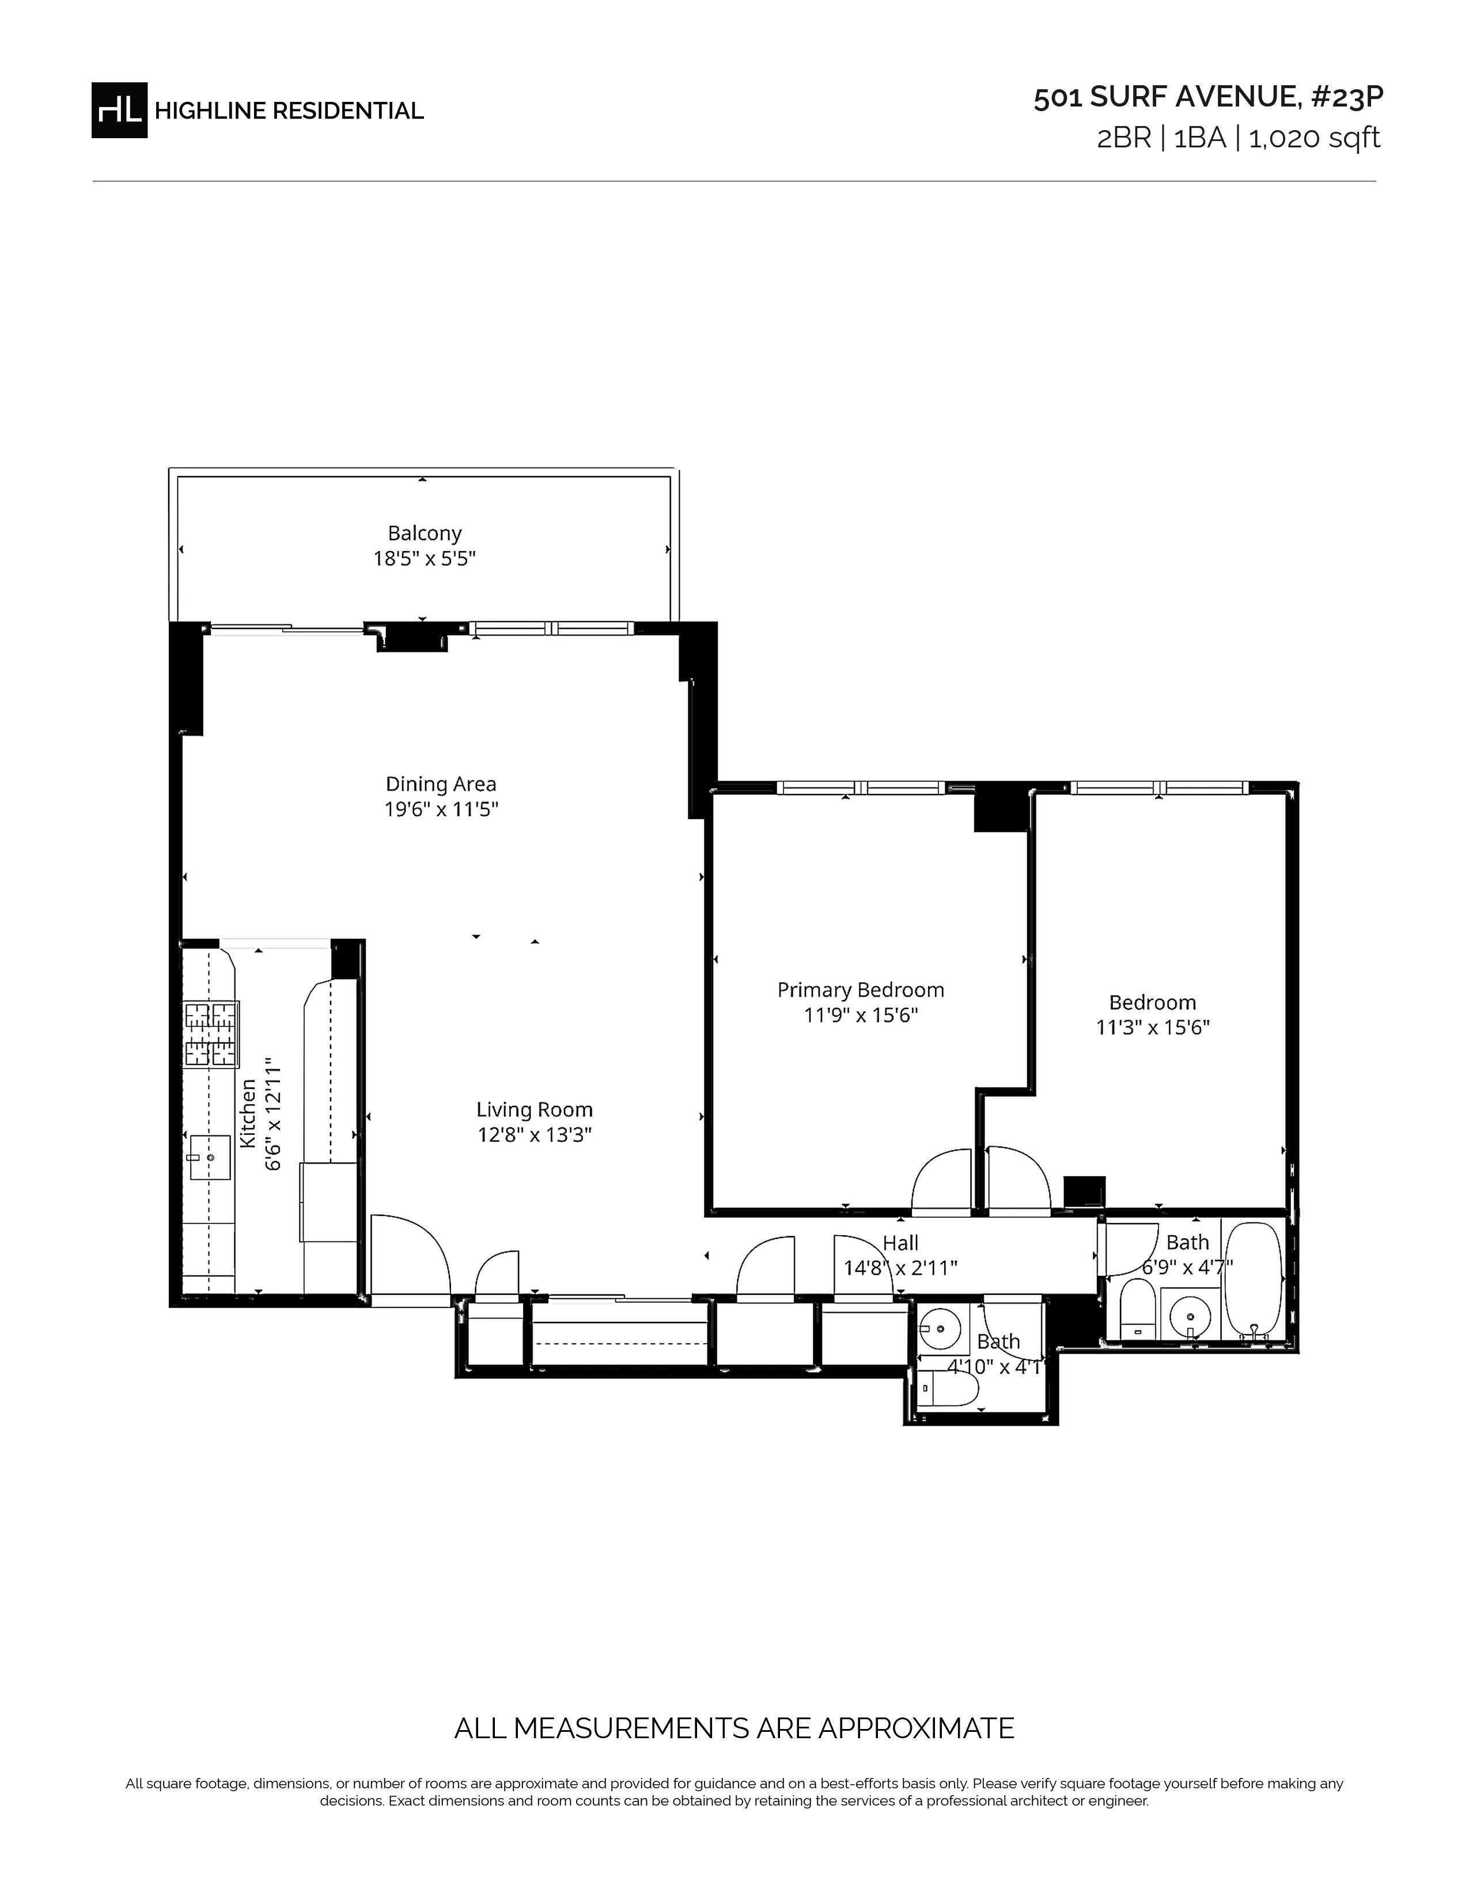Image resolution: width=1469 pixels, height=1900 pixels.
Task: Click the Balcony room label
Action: point(425,533)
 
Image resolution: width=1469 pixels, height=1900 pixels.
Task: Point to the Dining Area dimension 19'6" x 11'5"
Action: point(441,809)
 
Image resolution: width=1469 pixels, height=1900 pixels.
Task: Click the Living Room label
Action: point(535,1109)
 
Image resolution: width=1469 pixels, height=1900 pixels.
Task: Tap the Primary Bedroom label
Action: point(861,990)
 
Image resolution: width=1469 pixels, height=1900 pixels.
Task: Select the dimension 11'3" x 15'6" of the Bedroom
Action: point(1152,1027)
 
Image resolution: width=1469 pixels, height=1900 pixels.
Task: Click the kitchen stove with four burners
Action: point(211,1035)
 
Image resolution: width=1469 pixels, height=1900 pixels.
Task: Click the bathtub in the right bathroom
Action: point(1253,1278)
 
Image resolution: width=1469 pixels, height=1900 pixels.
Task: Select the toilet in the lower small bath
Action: point(941,1389)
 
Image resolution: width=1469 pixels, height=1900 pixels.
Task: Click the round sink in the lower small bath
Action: point(940,1329)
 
